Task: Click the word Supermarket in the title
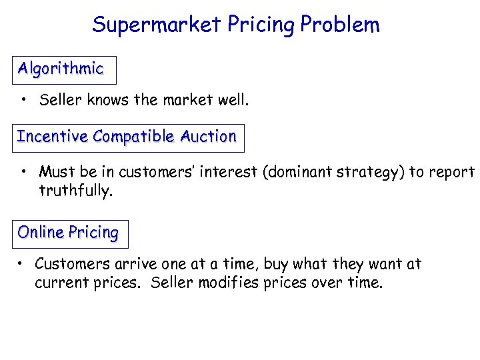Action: pyautogui.click(x=157, y=25)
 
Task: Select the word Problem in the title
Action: pyautogui.click(x=340, y=25)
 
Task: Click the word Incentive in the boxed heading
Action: pyautogui.click(x=53, y=137)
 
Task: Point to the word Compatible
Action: pyautogui.click(x=134, y=137)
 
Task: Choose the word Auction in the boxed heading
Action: pyautogui.click(x=208, y=137)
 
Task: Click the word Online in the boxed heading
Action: pyautogui.click(x=37, y=233)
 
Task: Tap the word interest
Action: pyautogui.click(x=230, y=172)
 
